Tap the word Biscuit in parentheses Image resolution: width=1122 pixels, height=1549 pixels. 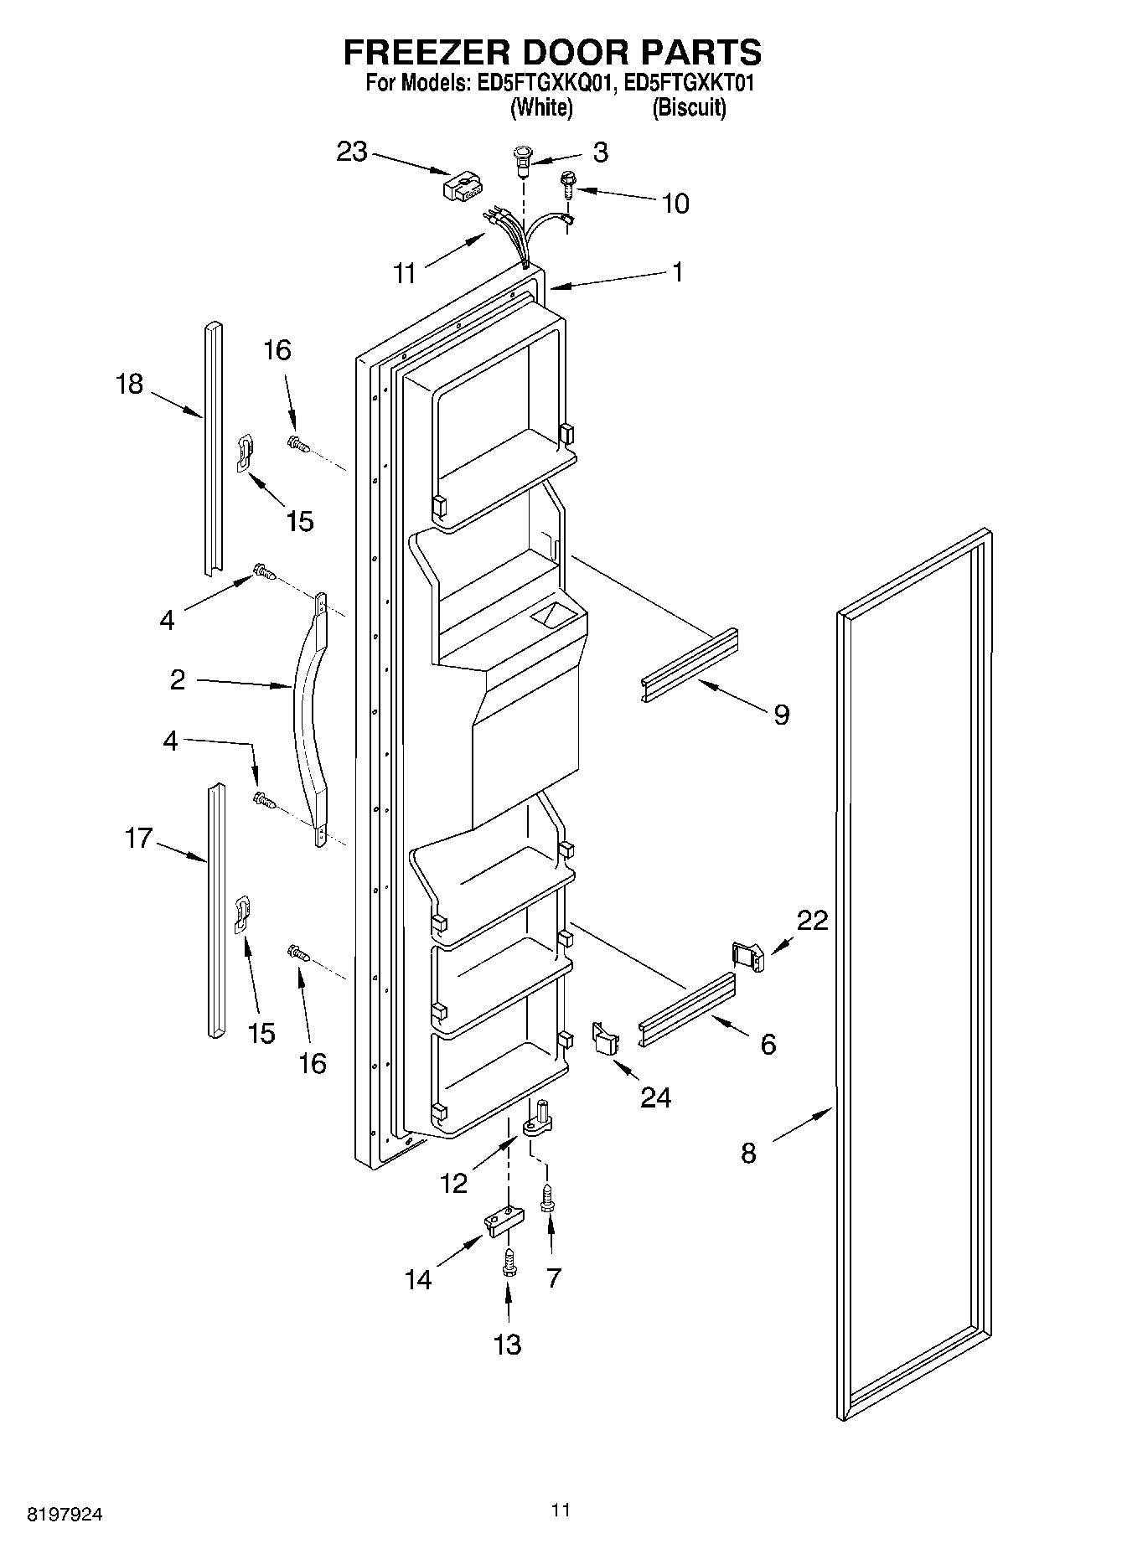pos(689,107)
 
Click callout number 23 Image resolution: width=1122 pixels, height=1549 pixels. pos(352,152)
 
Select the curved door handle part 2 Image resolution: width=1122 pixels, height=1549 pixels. pos(308,720)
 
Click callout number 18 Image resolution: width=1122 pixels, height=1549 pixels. pos(130,384)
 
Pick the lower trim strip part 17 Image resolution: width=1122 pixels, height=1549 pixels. pos(215,909)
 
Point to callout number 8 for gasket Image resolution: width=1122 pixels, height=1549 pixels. pos(748,1153)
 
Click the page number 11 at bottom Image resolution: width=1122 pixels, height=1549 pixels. pos(561,1510)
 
